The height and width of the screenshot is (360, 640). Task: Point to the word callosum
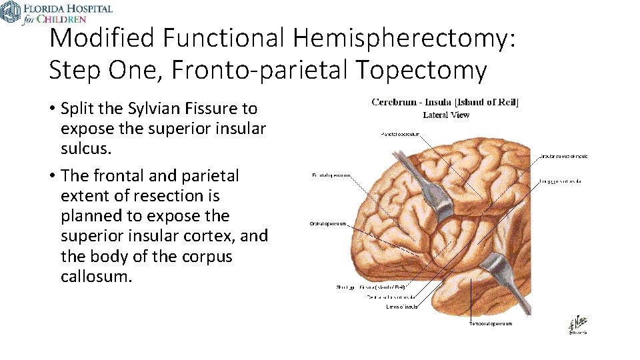point(96,276)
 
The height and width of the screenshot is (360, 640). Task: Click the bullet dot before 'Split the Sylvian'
point(52,109)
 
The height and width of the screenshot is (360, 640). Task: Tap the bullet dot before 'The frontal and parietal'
point(52,176)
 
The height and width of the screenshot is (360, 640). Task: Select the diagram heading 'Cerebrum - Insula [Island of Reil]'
point(445,102)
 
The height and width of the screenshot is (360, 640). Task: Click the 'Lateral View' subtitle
point(446,115)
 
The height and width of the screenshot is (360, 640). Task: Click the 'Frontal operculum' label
point(331,175)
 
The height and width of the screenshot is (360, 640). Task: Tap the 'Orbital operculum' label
point(328,223)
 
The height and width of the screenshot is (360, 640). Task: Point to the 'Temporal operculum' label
point(490,324)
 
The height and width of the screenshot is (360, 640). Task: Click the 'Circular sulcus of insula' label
point(563,156)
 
